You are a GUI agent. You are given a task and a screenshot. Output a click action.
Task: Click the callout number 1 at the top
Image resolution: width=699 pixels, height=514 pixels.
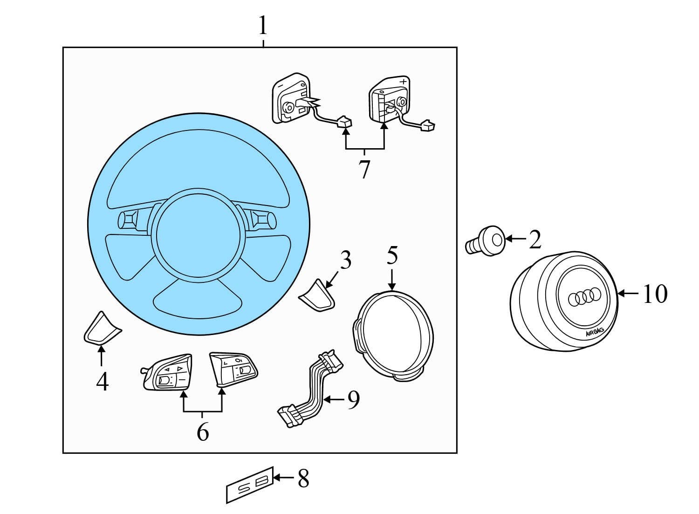pyautogui.click(x=263, y=26)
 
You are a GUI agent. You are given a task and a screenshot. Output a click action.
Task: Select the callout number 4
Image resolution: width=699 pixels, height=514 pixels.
pyautogui.click(x=102, y=382)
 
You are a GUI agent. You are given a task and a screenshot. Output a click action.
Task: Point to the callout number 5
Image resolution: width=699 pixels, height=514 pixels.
pyautogui.click(x=392, y=256)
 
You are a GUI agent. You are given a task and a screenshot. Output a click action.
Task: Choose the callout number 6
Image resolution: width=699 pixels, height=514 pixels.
pyautogui.click(x=203, y=432)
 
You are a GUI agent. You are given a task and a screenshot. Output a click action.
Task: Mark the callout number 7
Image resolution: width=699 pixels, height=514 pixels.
pyautogui.click(x=364, y=170)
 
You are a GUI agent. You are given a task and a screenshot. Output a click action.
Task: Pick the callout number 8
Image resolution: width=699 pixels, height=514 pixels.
pyautogui.click(x=303, y=479)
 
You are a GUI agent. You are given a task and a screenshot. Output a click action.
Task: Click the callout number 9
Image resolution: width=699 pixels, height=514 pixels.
pyautogui.click(x=353, y=400)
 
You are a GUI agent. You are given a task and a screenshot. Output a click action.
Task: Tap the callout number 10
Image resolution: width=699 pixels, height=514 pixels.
pyautogui.click(x=655, y=294)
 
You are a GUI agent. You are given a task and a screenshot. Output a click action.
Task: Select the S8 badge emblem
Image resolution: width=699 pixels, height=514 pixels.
pyautogui.click(x=250, y=484)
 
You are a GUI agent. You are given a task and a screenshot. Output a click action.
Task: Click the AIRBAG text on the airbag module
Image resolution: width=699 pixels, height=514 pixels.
pyautogui.click(x=594, y=332)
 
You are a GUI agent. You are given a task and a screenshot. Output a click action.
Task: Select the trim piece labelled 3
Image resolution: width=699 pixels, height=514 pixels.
pyautogui.click(x=318, y=295)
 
